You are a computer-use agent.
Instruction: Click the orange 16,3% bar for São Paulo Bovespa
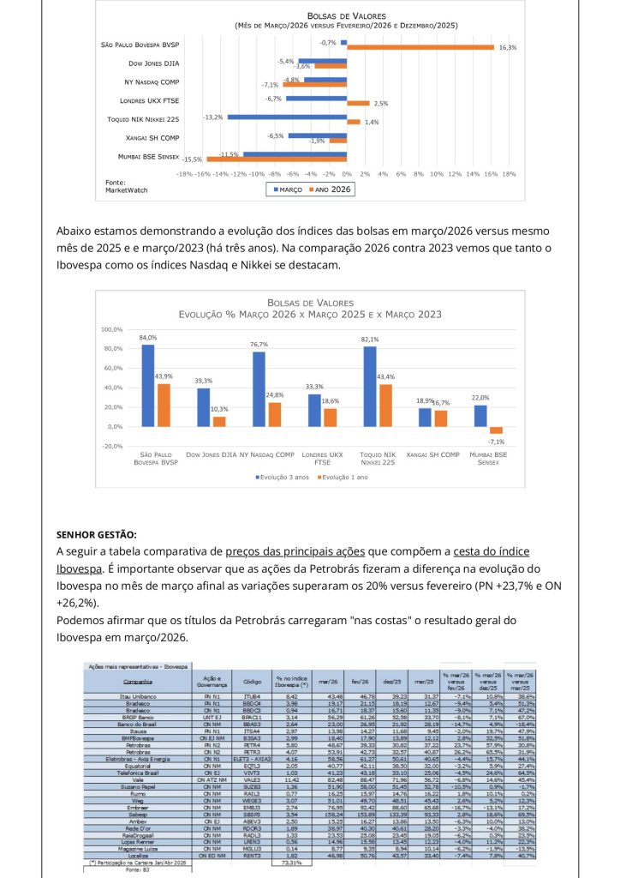pyautogui.click(x=420, y=47)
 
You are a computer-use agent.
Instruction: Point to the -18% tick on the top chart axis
pyautogui.click(x=184, y=173)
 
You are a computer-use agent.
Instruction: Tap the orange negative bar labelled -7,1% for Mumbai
pyautogui.click(x=496, y=430)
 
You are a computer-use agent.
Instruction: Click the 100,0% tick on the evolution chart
pyautogui.click(x=112, y=329)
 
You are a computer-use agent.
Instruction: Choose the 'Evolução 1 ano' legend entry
pyautogui.click(x=344, y=476)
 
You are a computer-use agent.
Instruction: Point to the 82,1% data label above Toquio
pyautogui.click(x=370, y=340)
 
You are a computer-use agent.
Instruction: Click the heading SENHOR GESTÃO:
pyautogui.click(x=96, y=536)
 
